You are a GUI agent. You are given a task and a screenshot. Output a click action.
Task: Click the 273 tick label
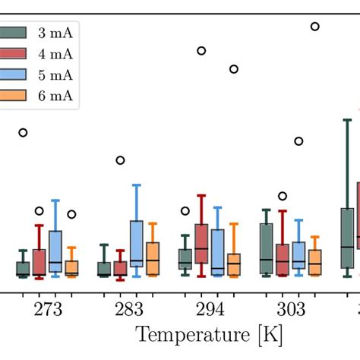click(47, 309)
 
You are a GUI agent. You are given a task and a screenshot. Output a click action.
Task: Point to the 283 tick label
click(128, 309)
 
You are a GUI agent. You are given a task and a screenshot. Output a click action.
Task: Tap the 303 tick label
click(291, 309)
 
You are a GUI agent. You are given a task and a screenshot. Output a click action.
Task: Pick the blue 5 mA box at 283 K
click(137, 243)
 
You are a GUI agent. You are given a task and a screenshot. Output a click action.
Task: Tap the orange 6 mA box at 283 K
click(153, 258)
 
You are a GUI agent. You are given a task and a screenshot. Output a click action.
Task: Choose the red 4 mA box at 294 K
click(201, 243)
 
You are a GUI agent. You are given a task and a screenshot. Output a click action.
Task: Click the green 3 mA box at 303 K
click(267, 248)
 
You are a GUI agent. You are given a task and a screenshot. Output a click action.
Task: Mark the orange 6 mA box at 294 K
click(234, 264)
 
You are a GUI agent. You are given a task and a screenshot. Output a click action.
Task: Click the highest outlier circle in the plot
click(315, 27)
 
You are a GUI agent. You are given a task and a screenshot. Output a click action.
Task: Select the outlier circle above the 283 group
click(120, 160)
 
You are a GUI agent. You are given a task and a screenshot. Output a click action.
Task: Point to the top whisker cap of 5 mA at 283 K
click(137, 185)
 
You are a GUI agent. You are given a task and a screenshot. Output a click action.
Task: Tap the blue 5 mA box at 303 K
click(299, 255)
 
